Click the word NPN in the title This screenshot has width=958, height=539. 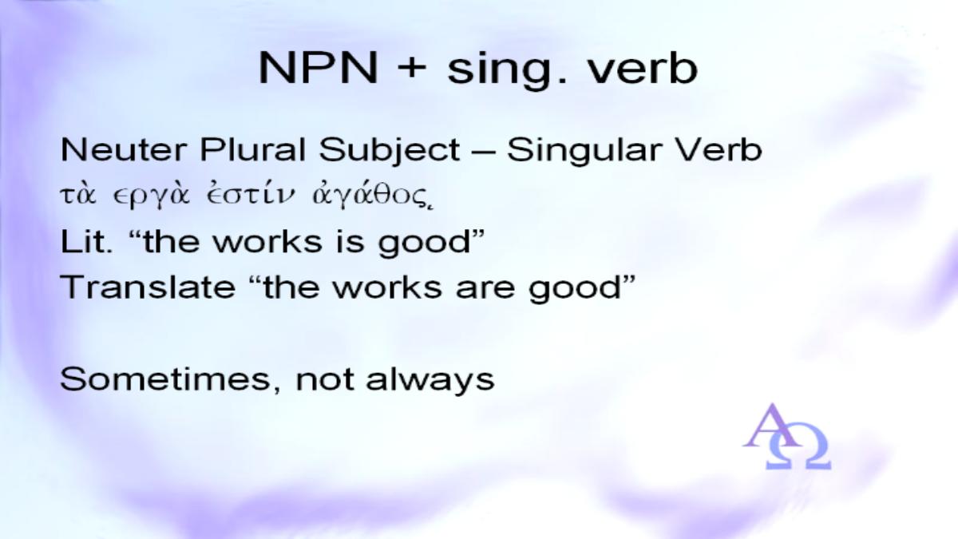tap(319, 69)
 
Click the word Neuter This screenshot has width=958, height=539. tap(124, 150)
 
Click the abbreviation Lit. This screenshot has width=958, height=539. tap(86, 241)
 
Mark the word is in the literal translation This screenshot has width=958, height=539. tap(350, 242)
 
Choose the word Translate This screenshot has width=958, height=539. tap(148, 287)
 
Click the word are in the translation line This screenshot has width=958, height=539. tap(485, 289)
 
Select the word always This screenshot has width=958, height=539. tap(430, 381)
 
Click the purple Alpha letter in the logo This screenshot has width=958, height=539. tap(770, 425)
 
